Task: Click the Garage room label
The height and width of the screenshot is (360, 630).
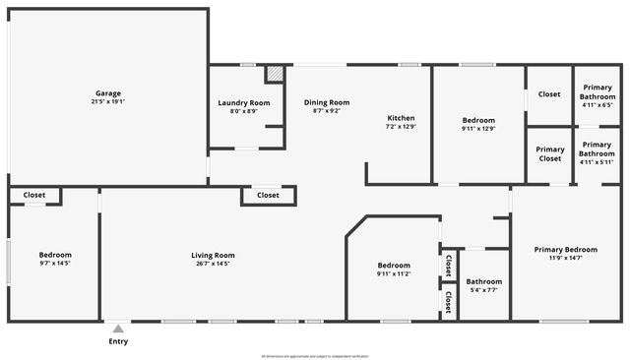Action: click(108, 92)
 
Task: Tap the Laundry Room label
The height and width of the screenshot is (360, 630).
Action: click(243, 102)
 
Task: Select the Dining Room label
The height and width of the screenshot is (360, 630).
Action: click(326, 102)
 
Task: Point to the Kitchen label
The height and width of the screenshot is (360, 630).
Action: click(401, 118)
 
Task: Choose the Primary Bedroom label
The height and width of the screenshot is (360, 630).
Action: click(565, 250)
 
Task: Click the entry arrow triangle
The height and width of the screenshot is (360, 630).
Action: click(118, 330)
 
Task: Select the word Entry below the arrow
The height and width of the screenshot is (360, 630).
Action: click(118, 342)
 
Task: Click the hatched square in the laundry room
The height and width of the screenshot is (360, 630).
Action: click(275, 74)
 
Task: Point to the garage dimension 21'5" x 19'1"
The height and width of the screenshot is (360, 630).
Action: click(108, 101)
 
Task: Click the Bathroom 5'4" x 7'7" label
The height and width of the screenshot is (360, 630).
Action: click(483, 285)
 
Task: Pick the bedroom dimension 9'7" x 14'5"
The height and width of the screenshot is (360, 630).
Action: click(55, 264)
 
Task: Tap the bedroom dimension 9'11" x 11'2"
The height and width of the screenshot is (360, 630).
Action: click(393, 273)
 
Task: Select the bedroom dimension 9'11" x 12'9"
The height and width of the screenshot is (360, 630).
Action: click(478, 128)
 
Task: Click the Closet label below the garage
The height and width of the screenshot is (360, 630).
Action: click(33, 196)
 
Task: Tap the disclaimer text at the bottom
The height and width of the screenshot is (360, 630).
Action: click(314, 355)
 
